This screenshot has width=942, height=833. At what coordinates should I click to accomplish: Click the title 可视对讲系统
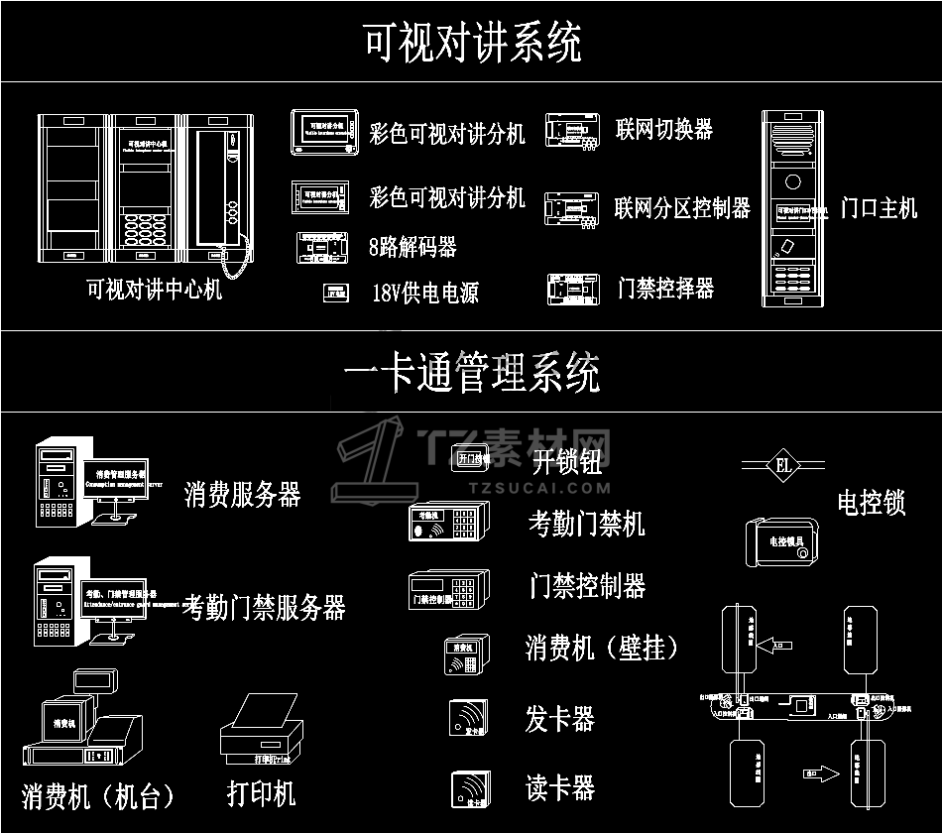pyautogui.click(x=472, y=43)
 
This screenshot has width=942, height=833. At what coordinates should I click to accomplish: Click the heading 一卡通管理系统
pyautogui.click(x=472, y=374)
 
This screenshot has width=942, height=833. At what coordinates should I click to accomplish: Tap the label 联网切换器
pyautogui.click(x=663, y=130)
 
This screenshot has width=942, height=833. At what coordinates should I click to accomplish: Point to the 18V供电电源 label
pyautogui.click(x=424, y=293)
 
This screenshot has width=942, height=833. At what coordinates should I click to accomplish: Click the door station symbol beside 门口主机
pyautogui.click(x=793, y=207)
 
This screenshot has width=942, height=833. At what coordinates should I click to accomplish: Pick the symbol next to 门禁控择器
pyautogui.click(x=573, y=289)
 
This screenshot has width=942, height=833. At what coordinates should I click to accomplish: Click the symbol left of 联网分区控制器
pyautogui.click(x=572, y=208)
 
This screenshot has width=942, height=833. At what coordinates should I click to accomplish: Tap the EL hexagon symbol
pyautogui.click(x=781, y=465)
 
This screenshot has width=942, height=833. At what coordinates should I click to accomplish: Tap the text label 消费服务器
pyautogui.click(x=242, y=494)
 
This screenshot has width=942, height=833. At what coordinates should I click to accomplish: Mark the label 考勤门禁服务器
pyautogui.click(x=264, y=607)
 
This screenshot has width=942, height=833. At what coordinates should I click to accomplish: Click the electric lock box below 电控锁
pyautogui.click(x=781, y=541)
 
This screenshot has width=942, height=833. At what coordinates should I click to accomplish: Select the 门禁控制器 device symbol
pyautogui.click(x=448, y=589)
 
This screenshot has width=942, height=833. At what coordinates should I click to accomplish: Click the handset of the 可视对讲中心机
pyautogui.click(x=211, y=188)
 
